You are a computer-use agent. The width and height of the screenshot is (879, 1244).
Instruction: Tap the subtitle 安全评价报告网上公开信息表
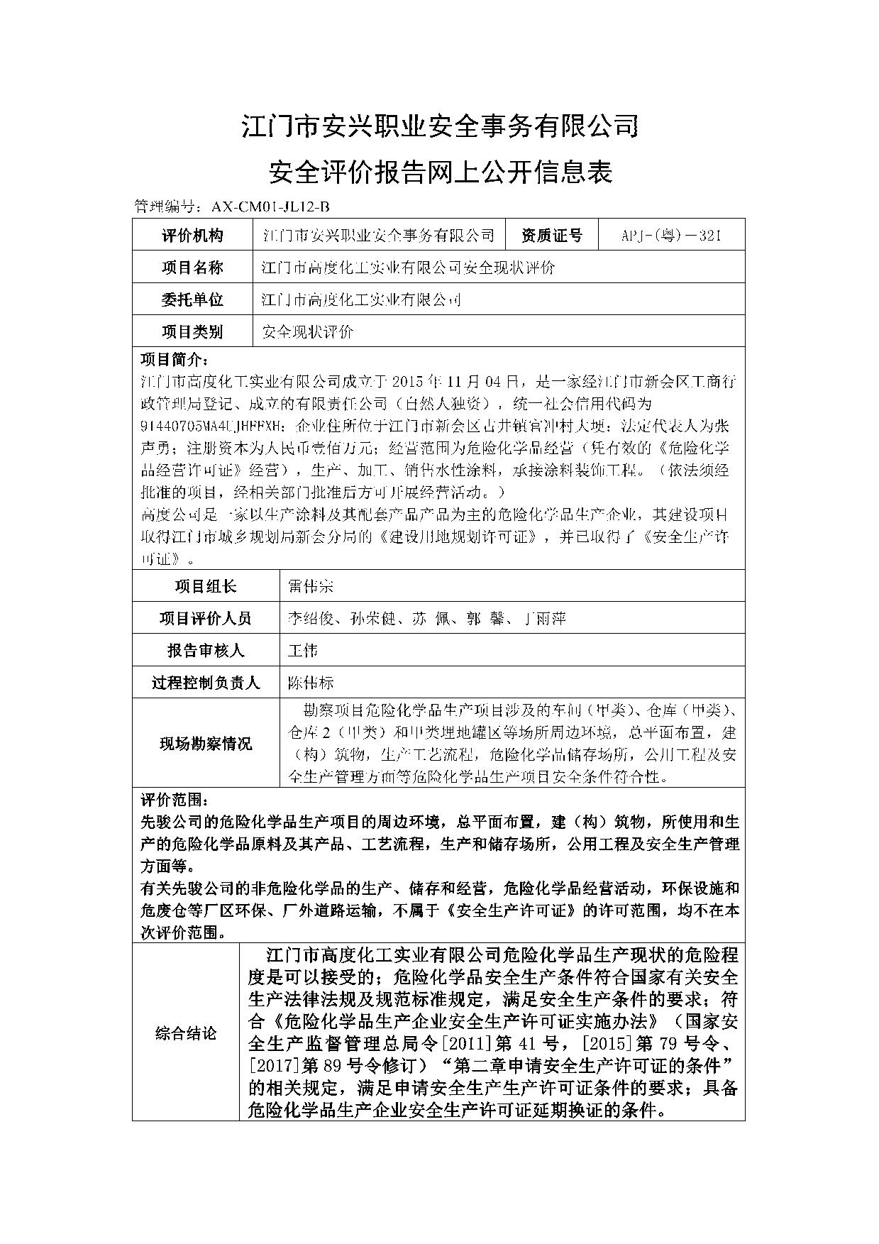tap(440, 171)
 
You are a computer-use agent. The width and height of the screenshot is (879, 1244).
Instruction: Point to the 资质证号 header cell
tap(551, 236)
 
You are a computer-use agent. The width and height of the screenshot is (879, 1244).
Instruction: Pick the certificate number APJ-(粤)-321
tap(671, 236)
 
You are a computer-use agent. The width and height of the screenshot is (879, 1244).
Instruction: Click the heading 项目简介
tap(175, 358)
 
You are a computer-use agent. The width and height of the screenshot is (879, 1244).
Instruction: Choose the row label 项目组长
tap(206, 586)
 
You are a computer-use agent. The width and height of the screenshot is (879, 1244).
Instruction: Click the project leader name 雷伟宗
tap(310, 586)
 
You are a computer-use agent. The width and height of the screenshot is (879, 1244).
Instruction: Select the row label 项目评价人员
tap(206, 618)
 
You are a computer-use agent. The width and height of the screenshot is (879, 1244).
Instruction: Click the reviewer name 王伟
tap(302, 650)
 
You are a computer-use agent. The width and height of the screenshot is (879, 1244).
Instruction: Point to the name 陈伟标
tap(310, 683)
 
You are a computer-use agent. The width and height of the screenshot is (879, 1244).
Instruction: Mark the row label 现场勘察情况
tap(206, 743)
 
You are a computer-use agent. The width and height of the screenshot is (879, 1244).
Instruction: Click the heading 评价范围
tap(175, 800)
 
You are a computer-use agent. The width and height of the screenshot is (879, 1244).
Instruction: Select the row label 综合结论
tap(186, 1033)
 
